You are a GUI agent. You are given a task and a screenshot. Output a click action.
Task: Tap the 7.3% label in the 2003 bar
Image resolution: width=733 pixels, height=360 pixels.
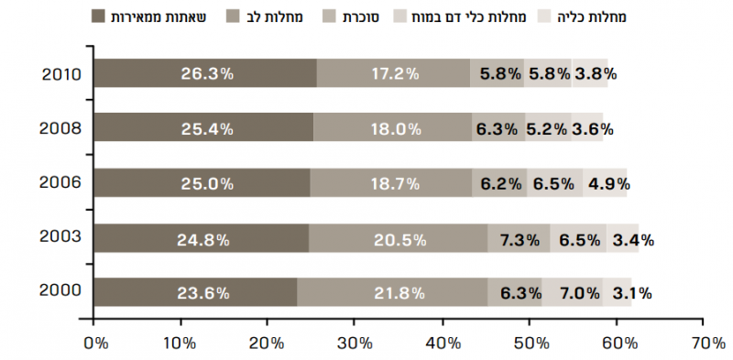click(x=519, y=240)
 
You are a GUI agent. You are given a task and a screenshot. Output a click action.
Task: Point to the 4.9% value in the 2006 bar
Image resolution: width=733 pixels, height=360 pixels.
click(x=609, y=184)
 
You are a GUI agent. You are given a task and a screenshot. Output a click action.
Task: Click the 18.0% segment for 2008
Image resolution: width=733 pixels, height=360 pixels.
click(x=395, y=129)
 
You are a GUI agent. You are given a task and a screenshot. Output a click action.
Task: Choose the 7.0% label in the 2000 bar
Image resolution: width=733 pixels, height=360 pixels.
click(x=580, y=294)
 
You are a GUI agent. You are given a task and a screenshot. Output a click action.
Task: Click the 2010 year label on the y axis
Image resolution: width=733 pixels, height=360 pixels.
click(x=62, y=73)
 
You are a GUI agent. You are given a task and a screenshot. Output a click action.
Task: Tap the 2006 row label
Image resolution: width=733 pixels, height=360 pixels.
click(x=62, y=183)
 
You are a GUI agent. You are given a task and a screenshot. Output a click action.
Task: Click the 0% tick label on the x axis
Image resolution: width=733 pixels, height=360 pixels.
click(x=94, y=344)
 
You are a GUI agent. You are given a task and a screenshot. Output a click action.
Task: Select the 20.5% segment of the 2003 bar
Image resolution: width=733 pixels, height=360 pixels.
click(x=399, y=240)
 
